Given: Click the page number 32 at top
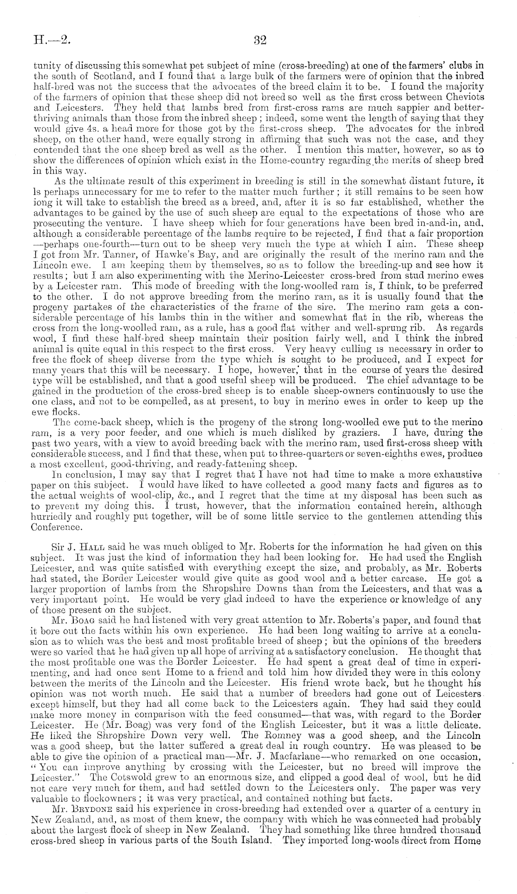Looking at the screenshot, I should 259,40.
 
